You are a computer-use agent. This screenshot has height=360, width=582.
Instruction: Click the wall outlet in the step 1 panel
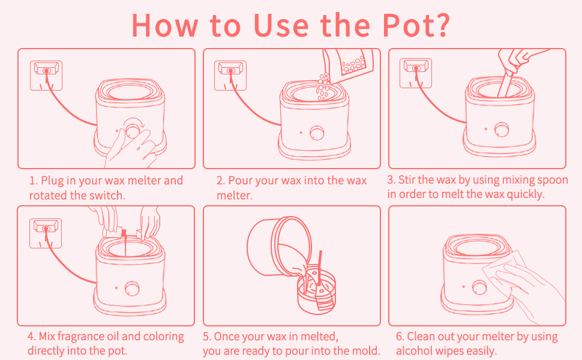(46, 76)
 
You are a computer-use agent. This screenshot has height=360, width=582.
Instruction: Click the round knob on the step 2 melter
(317, 133)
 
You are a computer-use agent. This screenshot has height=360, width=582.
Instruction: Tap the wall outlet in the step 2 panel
(230, 76)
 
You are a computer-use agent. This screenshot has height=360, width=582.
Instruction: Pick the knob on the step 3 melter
(502, 130)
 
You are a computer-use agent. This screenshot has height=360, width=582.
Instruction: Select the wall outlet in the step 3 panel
(416, 73)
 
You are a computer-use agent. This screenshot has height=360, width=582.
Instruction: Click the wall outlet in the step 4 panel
(46, 233)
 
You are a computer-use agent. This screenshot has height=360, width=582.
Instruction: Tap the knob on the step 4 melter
(132, 289)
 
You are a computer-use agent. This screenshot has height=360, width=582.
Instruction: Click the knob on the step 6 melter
(479, 287)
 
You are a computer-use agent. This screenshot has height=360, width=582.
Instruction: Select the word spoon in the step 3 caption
(553, 181)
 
